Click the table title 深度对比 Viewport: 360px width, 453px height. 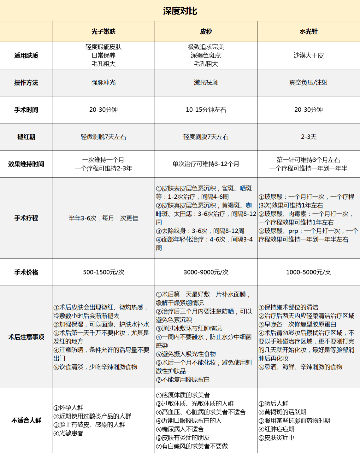180,11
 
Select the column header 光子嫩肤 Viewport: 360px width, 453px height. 103,31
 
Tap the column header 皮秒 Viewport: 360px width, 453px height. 206,31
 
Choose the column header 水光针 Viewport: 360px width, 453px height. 308,31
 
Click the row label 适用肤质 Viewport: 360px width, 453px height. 26,55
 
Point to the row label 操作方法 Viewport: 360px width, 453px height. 26,83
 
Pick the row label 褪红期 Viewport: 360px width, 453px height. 26,137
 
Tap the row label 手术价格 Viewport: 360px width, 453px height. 26,272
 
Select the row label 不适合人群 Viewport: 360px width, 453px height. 26,420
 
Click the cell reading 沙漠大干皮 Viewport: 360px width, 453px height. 308,55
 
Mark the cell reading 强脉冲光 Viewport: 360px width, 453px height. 103,82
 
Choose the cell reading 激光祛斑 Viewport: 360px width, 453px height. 206,82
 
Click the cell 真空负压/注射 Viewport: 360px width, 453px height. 308,82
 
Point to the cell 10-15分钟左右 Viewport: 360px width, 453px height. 206,110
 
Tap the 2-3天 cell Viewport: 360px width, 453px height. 308,137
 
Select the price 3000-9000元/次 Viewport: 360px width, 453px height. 206,272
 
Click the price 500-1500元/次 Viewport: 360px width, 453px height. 103,272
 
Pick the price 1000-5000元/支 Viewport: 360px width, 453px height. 308,272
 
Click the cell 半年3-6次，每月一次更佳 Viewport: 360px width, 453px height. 103,218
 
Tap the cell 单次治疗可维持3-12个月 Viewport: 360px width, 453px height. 206,164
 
